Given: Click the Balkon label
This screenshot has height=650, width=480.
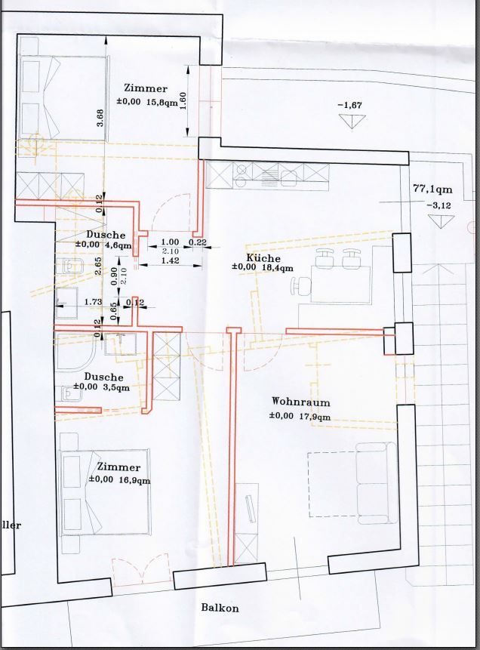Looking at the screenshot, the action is (220, 608).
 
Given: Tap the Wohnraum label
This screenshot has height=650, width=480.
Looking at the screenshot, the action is (301, 402).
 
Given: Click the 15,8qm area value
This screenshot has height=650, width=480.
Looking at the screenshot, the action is (162, 101).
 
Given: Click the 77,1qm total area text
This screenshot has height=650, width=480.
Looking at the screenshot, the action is (432, 189).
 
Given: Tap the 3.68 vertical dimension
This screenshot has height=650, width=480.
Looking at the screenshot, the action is (100, 118).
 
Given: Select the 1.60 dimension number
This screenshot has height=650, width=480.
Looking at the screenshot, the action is (183, 100).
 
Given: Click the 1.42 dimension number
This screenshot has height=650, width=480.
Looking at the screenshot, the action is (170, 260).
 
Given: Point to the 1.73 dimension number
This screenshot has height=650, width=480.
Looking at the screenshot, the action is (94, 302).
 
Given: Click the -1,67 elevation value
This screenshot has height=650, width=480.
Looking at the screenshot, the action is (350, 105).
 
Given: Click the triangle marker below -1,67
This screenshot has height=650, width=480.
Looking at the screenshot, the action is (352, 122).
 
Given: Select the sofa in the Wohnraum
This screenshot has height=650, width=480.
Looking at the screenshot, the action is (377, 483).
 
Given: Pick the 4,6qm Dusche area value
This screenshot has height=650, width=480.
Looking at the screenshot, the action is (119, 245).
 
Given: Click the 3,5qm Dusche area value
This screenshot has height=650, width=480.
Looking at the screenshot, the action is (116, 387).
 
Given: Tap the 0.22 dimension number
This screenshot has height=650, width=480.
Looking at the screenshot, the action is (198, 242).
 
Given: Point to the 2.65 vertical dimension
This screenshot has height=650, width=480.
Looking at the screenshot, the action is (98, 266).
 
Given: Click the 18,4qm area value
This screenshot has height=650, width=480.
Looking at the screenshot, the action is (277, 268).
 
